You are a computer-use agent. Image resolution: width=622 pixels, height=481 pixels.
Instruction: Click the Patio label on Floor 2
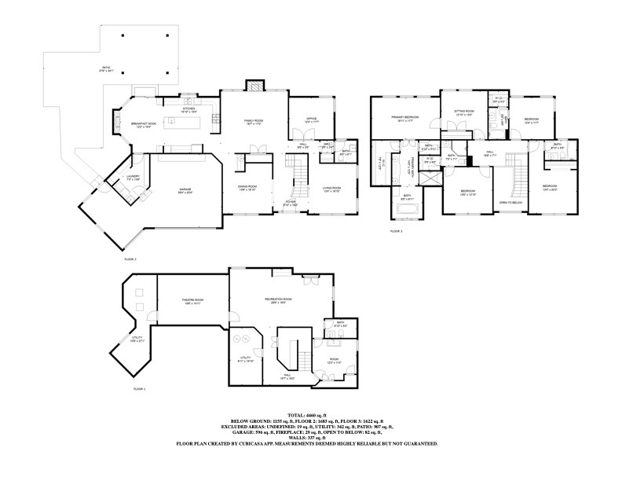coord(107,69)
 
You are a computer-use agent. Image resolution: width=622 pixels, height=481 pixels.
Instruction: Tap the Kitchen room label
coord(188,111)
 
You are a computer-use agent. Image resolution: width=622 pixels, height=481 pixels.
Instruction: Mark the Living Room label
coord(331,189)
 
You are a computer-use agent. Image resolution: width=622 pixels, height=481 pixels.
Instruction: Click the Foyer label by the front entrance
coord(291,203)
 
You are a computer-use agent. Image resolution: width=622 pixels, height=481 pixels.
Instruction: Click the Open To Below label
coord(511,203)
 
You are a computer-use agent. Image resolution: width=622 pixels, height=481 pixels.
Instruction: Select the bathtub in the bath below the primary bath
coord(408,208)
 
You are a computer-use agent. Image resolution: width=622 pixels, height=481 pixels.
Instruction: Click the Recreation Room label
coord(277,300)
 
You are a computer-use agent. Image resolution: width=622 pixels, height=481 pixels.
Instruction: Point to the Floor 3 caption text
coord(396,232)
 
